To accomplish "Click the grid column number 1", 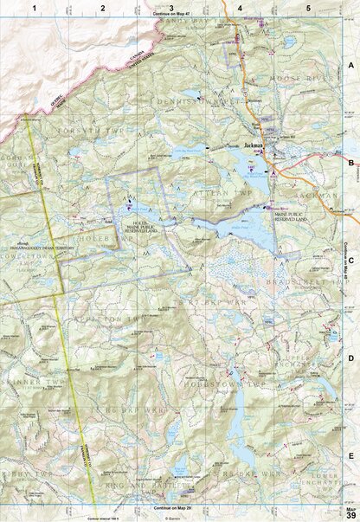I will (x=35, y=7).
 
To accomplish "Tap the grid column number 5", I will (x=309, y=7).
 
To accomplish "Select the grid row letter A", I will (x=350, y=66).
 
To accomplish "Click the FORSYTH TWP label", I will (x=96, y=132).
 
